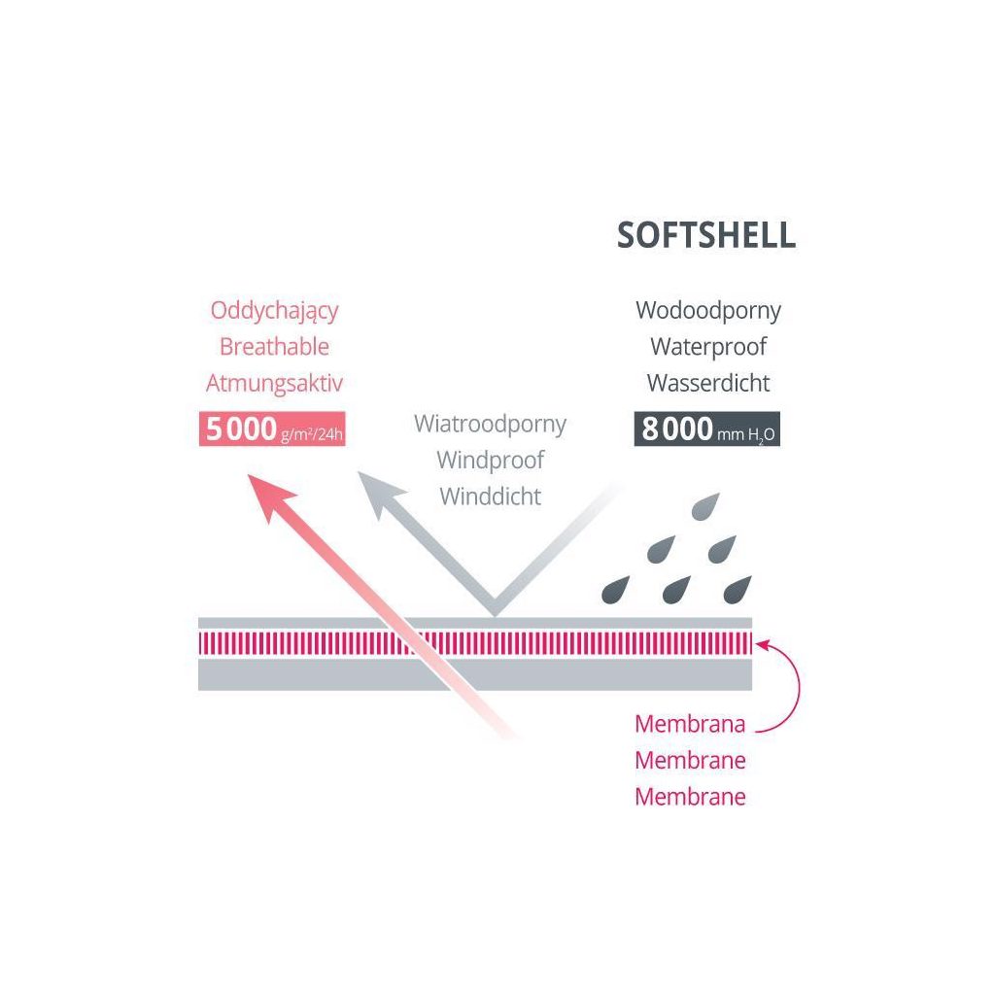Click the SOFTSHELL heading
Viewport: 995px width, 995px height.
pos(706,235)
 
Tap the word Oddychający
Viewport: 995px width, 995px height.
pos(274,311)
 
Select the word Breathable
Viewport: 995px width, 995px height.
pos(274,347)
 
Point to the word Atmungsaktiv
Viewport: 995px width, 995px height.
pos(274,383)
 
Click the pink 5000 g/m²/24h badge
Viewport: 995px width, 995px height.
pos(273,429)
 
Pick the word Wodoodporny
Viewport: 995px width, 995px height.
pos(708,311)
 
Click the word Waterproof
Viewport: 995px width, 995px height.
pos(708,347)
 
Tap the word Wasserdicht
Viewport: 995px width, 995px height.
pos(708,383)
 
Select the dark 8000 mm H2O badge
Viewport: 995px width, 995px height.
pos(707,429)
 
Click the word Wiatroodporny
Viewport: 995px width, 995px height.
pos(490,425)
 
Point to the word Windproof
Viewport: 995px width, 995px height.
pos(490,460)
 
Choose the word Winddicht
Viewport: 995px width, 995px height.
pos(490,496)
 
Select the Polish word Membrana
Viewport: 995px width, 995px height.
pos(690,724)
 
